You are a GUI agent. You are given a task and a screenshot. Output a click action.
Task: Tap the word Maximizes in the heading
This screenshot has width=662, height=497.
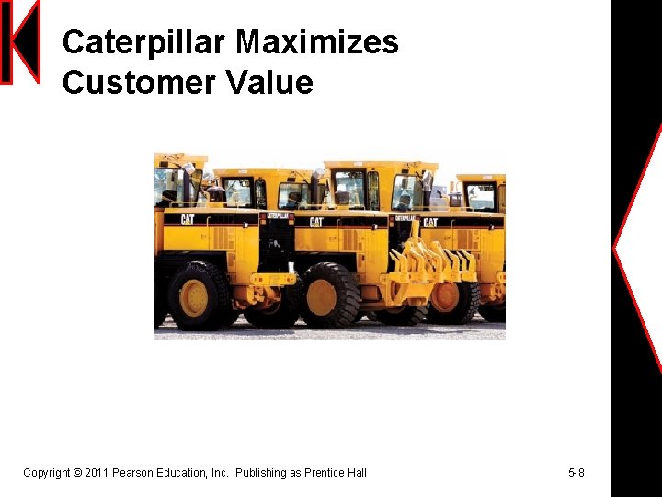pyautogui.click(x=316, y=42)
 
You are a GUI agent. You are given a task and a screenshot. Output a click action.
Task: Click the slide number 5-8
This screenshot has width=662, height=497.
pyautogui.click(x=576, y=473)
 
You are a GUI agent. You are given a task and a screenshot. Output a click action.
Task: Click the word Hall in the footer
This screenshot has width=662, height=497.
pyautogui.click(x=356, y=473)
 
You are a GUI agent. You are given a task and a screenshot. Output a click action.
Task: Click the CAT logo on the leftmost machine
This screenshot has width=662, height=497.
pyautogui.click(x=188, y=219)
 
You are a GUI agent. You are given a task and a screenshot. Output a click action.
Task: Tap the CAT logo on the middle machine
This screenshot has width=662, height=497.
pyautogui.click(x=316, y=222)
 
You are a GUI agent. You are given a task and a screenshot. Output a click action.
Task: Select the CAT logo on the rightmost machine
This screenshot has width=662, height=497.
pyautogui.click(x=429, y=222)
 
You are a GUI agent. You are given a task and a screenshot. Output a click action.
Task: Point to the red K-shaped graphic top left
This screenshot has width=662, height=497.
pyautogui.click(x=20, y=41)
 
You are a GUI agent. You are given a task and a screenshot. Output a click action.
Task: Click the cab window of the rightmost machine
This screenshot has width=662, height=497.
pyautogui.click(x=480, y=195)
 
